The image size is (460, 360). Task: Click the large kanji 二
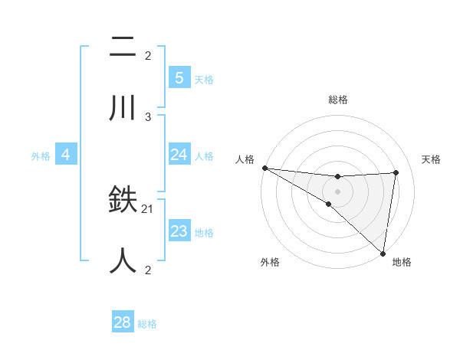click(123, 47)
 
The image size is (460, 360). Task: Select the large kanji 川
click(123, 108)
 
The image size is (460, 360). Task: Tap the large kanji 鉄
click(123, 201)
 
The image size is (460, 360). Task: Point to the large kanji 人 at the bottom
click(123, 260)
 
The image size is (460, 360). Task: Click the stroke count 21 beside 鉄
click(148, 208)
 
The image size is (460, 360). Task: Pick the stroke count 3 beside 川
click(148, 116)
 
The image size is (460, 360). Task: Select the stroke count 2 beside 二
click(148, 55)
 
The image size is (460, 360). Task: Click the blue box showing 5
click(179, 77)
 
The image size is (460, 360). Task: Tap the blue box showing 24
click(179, 155)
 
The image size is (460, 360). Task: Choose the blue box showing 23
click(179, 231)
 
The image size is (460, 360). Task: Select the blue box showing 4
click(66, 155)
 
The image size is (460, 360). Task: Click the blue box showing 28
click(122, 322)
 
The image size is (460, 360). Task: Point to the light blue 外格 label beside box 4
click(41, 155)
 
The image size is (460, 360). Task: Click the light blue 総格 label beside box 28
click(147, 324)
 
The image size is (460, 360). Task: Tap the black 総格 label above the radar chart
click(337, 100)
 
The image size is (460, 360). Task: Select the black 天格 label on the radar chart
click(432, 159)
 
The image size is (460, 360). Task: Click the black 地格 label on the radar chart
click(402, 262)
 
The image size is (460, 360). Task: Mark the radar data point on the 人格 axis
click(264, 168)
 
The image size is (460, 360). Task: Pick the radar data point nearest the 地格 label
click(382, 253)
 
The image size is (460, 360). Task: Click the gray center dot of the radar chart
click(337, 191)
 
